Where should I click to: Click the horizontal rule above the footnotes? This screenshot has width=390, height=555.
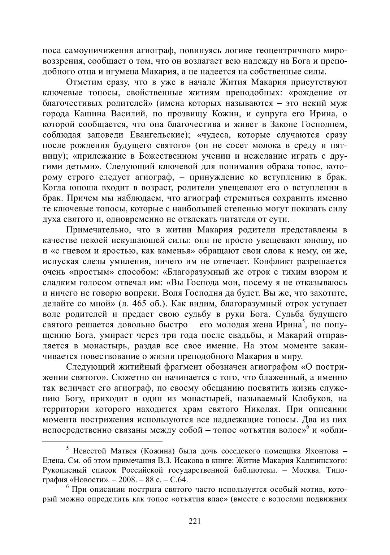tap(103, 441)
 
